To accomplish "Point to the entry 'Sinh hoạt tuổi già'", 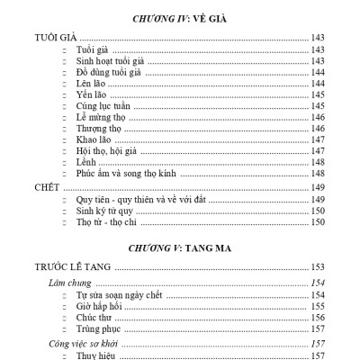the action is pyautogui.click(x=111, y=59).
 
